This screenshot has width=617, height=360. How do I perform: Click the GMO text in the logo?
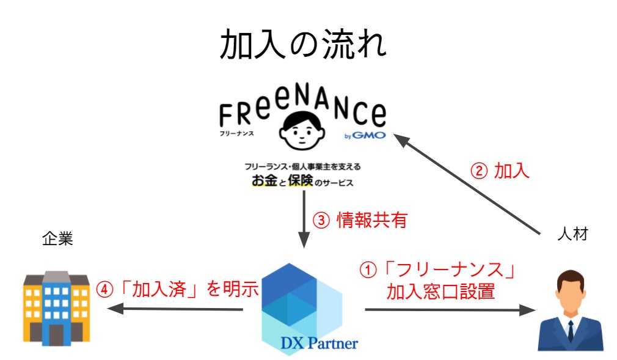370,135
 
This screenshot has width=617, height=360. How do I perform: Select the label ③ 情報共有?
359,221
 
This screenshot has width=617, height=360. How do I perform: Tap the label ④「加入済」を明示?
178,287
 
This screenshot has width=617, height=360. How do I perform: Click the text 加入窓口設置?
440,291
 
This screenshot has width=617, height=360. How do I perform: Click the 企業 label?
57,238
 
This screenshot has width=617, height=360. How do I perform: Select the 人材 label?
572,234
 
